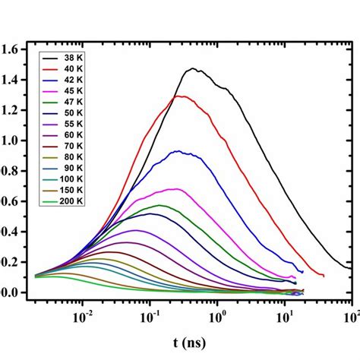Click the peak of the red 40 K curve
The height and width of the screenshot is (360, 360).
180,96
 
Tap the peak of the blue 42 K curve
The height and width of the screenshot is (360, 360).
177,151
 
